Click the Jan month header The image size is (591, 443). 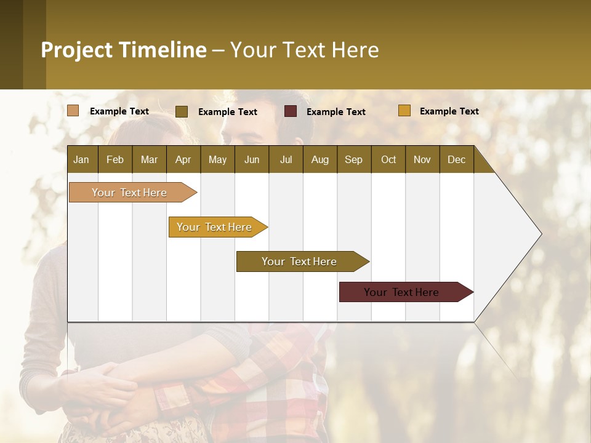click(82, 159)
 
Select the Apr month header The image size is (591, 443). click(183, 159)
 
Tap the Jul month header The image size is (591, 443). click(286, 159)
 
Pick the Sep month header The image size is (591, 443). click(354, 159)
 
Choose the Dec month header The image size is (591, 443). click(457, 159)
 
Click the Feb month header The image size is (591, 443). click(115, 159)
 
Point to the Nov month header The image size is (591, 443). click(422, 159)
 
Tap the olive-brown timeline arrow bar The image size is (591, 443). click(300, 261)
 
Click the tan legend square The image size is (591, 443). click(73, 111)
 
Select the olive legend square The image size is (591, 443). click(182, 111)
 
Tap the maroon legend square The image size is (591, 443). click(291, 111)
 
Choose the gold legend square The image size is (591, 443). click(404, 111)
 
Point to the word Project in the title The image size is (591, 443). click(76, 50)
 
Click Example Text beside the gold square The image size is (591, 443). click(449, 111)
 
